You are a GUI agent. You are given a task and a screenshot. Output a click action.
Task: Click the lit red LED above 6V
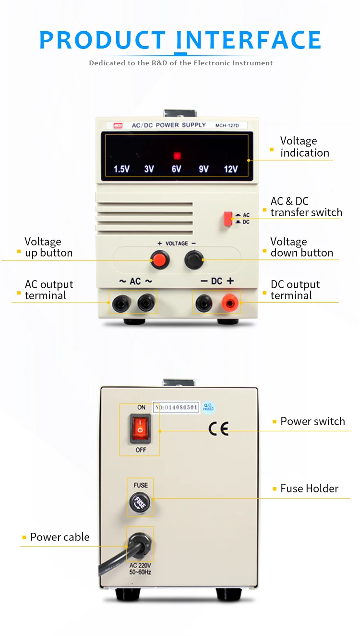click(x=177, y=156)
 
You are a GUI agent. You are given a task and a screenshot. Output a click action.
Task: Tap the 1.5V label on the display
click(x=121, y=169)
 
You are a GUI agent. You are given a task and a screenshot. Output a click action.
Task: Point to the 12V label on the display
click(x=231, y=169)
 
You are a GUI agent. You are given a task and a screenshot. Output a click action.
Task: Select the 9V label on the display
click(x=204, y=169)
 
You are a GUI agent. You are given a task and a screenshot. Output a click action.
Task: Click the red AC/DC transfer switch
click(x=228, y=219)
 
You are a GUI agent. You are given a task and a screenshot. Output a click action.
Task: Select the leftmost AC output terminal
click(x=119, y=303)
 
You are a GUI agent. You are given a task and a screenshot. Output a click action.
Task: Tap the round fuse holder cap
click(x=140, y=503)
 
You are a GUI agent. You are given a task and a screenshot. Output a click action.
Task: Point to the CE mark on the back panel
click(x=218, y=428)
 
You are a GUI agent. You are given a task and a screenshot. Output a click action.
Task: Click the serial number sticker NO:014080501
click(x=176, y=407)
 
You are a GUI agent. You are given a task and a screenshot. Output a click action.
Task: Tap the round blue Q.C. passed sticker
click(x=208, y=407)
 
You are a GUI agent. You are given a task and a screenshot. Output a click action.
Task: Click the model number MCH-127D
click(x=230, y=126)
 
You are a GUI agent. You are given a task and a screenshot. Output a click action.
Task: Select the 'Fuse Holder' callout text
click(x=309, y=489)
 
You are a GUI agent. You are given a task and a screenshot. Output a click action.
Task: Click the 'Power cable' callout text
click(x=60, y=537)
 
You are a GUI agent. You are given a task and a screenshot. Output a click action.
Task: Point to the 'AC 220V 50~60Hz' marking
click(x=140, y=569)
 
